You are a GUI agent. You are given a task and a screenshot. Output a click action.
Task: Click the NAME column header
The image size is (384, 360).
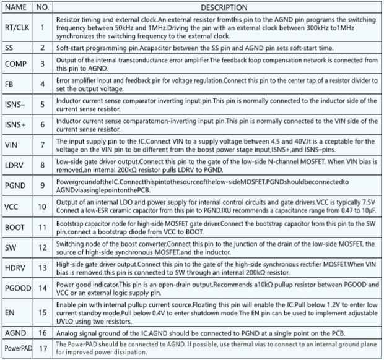(15, 7)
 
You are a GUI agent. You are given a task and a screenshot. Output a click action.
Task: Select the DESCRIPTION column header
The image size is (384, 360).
(215, 7)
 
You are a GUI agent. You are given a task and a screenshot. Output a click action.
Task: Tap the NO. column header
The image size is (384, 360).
(42, 7)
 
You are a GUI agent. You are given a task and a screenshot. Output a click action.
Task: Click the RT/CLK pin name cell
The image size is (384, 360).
(17, 28)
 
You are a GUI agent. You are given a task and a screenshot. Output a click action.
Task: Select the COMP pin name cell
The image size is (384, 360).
(15, 64)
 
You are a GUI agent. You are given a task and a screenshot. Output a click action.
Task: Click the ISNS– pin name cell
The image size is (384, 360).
(15, 104)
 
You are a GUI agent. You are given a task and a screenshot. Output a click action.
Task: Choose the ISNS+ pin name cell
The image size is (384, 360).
(15, 124)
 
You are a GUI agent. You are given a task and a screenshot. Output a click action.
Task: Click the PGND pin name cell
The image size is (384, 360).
(15, 186)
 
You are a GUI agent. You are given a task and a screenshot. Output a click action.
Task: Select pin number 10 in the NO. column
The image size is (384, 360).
(42, 206)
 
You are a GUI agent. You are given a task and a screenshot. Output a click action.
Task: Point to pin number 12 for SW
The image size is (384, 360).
(42, 247)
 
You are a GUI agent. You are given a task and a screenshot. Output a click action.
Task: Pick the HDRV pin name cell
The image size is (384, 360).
(15, 267)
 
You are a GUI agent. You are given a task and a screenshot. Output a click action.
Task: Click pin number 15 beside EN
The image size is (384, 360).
(42, 312)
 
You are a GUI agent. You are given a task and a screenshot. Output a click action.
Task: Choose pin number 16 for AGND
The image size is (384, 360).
(42, 333)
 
